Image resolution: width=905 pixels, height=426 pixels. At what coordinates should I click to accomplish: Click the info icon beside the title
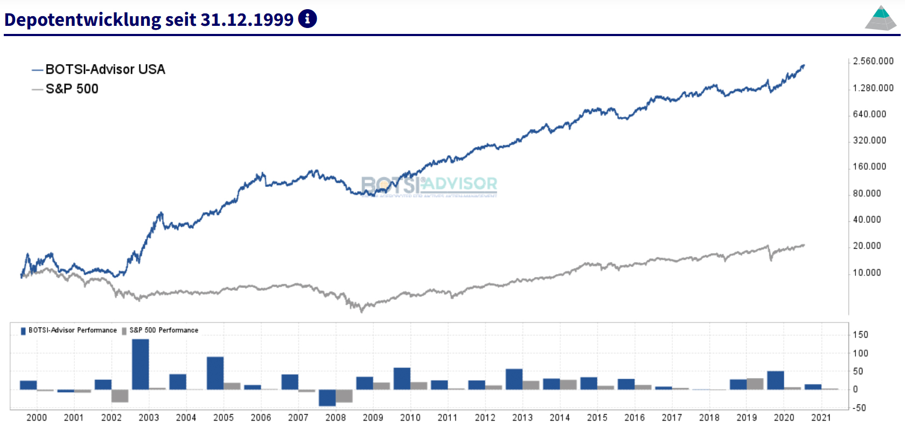(308, 19)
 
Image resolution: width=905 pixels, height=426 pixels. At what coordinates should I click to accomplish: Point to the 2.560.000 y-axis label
(873, 61)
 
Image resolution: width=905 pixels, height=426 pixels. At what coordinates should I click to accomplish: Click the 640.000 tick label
(869, 114)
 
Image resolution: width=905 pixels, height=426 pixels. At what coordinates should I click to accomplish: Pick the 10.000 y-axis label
(867, 273)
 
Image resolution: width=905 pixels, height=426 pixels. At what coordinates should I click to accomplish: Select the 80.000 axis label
(867, 193)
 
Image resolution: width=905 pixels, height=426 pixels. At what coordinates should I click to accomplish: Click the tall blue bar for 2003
(140, 364)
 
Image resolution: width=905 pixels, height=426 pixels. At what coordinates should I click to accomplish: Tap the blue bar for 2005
(215, 373)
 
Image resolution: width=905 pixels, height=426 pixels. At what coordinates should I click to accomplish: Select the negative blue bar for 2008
(327, 397)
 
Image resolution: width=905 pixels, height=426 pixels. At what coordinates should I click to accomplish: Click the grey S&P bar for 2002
(120, 395)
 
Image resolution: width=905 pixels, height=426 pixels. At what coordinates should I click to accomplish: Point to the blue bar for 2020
(775, 380)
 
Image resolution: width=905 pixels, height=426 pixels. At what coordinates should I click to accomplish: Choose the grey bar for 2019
(755, 384)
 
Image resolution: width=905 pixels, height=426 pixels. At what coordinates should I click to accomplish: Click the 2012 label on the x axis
(485, 417)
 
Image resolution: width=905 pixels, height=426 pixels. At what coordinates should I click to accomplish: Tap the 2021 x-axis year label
(821, 417)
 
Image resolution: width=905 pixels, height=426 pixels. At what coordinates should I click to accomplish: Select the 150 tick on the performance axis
(860, 335)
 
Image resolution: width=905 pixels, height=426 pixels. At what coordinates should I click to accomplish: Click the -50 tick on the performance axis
(859, 408)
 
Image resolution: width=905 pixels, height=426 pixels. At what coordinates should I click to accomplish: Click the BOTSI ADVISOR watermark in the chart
(429, 185)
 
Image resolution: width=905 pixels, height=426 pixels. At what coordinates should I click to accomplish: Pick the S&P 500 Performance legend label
(163, 330)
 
